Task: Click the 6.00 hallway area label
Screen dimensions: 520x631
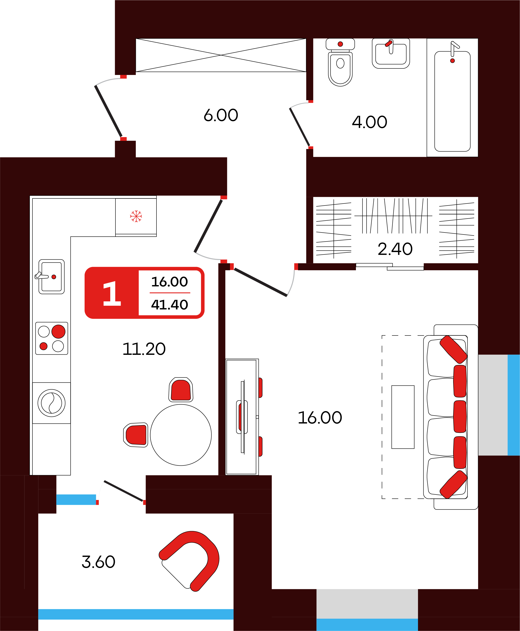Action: point(221,115)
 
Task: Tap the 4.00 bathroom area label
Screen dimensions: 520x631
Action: point(369,122)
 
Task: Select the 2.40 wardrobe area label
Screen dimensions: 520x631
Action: point(395,249)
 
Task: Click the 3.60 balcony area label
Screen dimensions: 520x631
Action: point(98,562)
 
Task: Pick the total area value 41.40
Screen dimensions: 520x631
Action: point(169,304)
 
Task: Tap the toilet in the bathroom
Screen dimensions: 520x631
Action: point(340,62)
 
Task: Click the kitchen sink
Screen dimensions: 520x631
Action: point(51,277)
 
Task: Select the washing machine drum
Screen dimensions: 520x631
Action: point(51,403)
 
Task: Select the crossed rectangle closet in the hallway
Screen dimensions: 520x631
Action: point(221,55)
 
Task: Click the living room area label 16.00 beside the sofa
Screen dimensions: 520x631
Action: point(320,418)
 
